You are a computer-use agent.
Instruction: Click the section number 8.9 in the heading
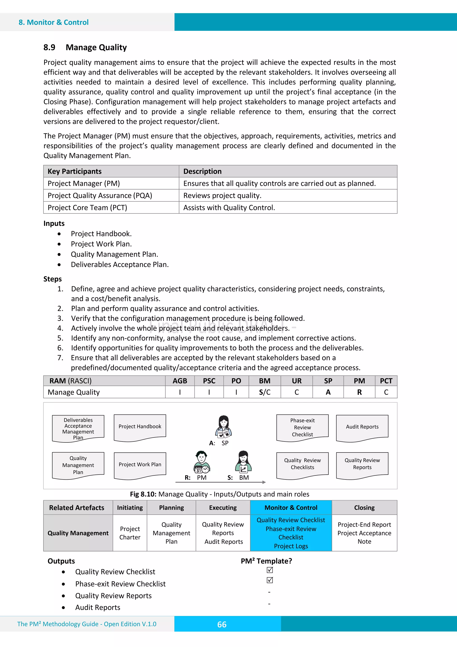click(49, 47)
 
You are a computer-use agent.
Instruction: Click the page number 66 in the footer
click(222, 624)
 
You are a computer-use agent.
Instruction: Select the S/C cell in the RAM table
click(264, 392)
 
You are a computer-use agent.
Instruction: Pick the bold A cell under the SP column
click(328, 392)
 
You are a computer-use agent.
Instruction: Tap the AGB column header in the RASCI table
click(180, 381)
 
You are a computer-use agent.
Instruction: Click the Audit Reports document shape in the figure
click(362, 427)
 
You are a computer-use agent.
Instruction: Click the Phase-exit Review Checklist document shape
click(302, 427)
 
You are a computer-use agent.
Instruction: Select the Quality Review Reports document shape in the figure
click(362, 464)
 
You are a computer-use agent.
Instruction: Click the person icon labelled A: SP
click(224, 426)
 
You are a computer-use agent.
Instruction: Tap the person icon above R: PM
click(201, 462)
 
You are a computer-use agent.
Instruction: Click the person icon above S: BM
click(243, 462)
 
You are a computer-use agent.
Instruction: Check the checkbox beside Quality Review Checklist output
click(270, 570)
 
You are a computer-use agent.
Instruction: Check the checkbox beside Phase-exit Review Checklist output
click(270, 580)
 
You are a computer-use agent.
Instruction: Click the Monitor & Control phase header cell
click(291, 508)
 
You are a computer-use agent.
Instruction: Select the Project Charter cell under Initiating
click(130, 533)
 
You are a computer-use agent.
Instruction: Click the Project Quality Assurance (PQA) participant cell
click(100, 196)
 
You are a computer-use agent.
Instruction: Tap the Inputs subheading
click(54, 224)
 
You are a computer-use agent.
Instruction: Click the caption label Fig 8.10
click(143, 494)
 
